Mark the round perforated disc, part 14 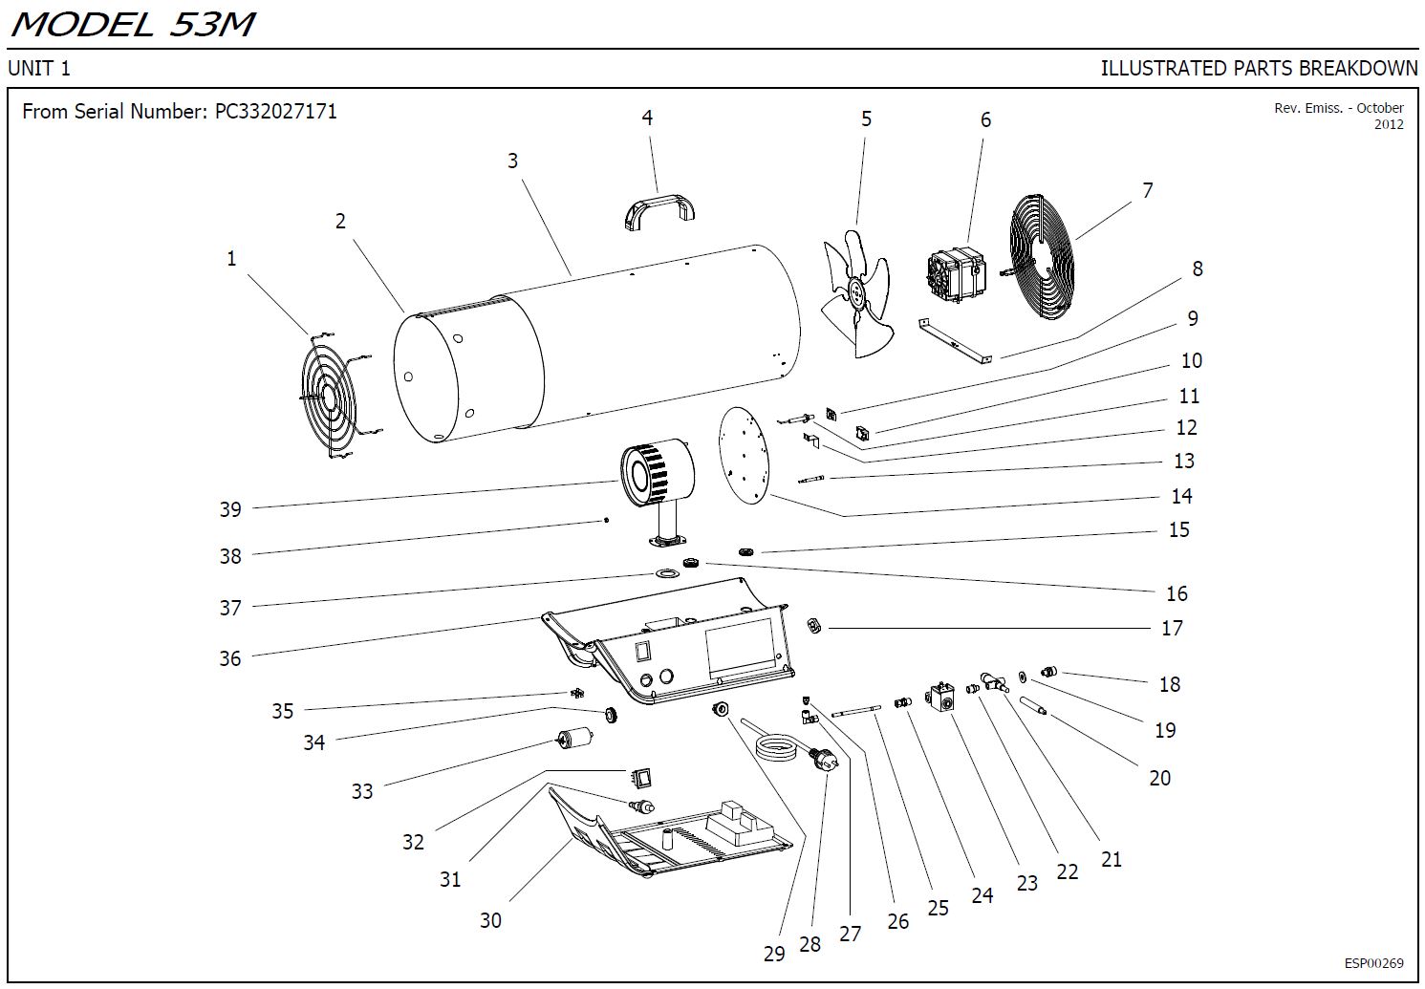745,455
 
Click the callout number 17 1172,628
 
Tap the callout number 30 490,919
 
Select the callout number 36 230,657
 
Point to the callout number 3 512,161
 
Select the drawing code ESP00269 1373,963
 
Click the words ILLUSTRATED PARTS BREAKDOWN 1259,68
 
